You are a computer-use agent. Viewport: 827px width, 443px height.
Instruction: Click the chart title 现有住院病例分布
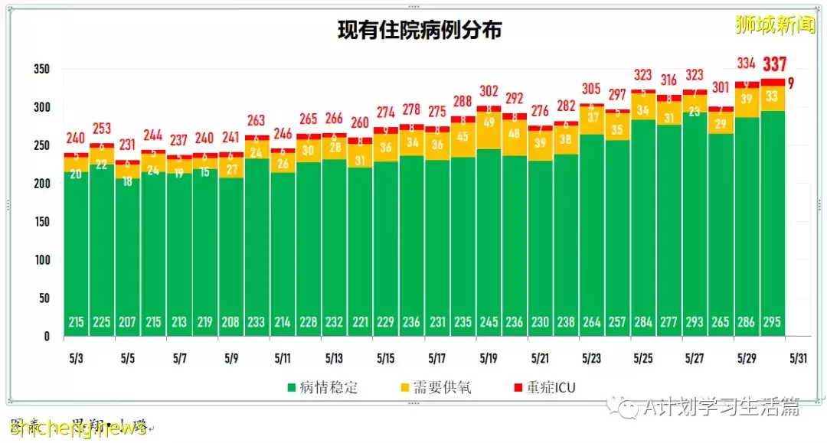(x=420, y=30)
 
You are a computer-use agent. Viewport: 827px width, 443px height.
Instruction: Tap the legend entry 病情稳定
(x=322, y=387)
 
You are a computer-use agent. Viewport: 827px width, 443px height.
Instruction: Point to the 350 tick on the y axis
(x=41, y=69)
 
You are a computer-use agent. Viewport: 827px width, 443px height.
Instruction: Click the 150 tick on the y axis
(x=41, y=222)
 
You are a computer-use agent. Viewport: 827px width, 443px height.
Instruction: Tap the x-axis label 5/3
(x=77, y=358)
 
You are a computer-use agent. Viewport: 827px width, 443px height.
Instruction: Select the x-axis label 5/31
(x=797, y=358)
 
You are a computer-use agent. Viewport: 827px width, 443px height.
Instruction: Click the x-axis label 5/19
(x=489, y=358)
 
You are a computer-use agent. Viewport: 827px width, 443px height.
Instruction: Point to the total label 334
(x=747, y=63)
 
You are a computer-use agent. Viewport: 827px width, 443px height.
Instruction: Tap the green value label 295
(x=772, y=323)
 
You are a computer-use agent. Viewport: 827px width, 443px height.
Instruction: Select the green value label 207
(x=128, y=323)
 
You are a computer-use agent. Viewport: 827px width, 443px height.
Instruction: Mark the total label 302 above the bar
(x=489, y=90)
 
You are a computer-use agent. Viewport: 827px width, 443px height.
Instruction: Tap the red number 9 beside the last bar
(x=791, y=83)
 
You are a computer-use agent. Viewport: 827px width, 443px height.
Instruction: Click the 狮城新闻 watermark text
(x=774, y=24)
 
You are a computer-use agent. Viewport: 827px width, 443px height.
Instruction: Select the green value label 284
(x=643, y=323)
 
